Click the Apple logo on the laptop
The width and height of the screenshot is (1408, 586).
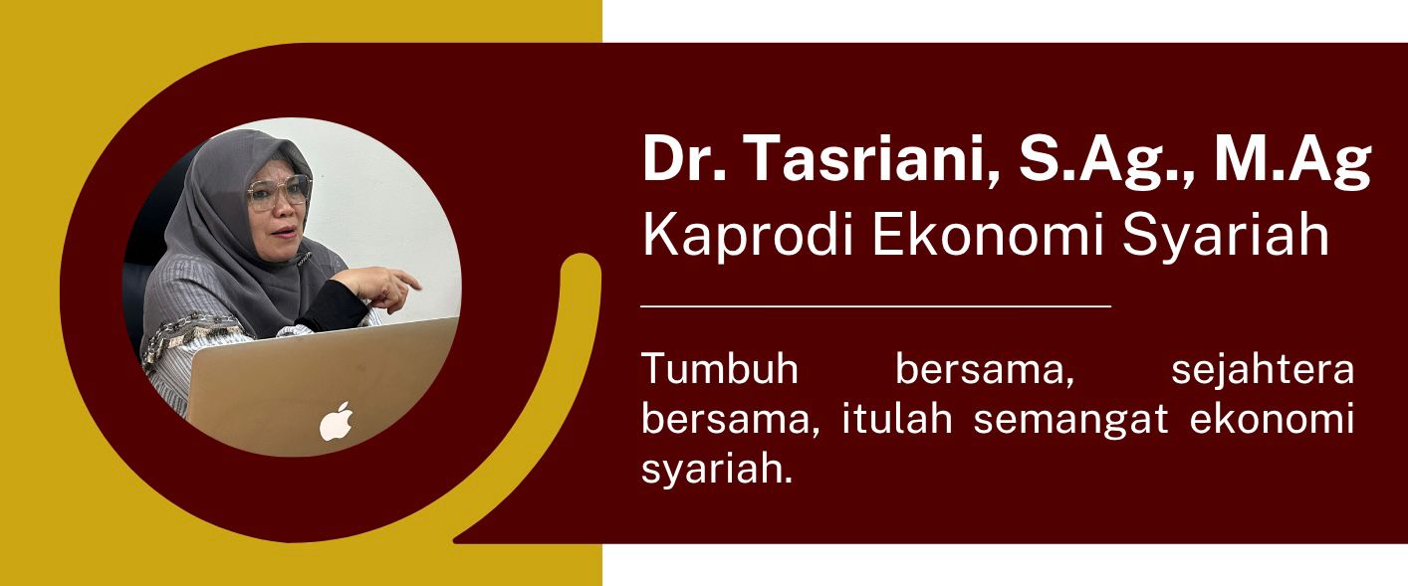point(337,422)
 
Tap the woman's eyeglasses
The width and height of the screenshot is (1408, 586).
point(279,192)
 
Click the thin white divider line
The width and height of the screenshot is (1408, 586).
point(875,306)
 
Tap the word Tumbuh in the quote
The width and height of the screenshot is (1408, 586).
point(720,368)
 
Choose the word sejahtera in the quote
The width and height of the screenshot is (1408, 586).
point(1263,370)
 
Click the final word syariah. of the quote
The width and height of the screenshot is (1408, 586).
point(717,471)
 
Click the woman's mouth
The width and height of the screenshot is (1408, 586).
point(284,233)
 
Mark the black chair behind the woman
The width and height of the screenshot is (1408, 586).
point(145,252)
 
